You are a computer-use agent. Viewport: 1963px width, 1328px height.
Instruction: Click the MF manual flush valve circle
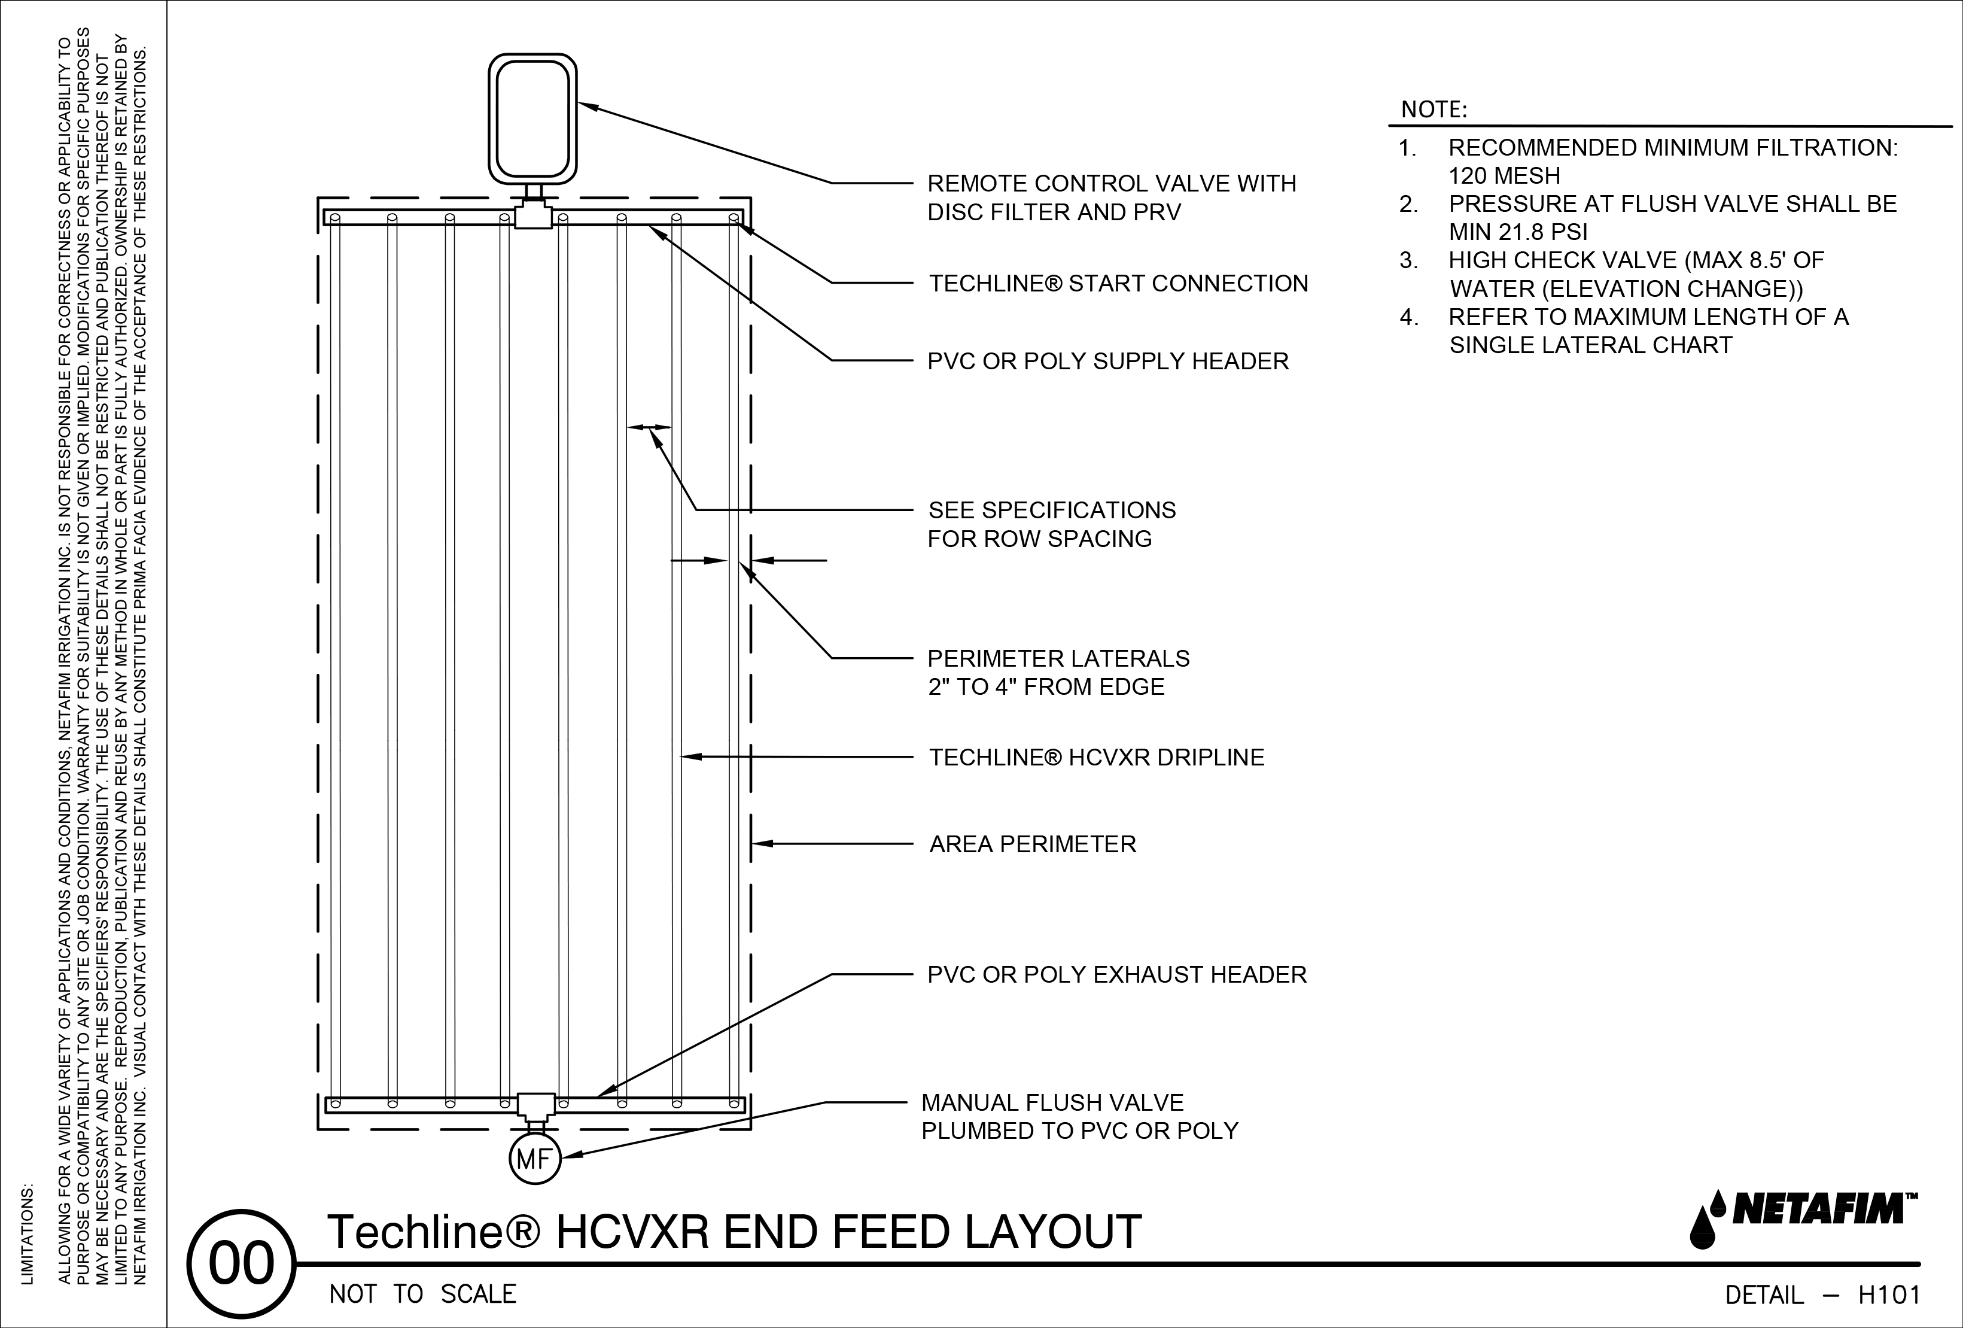coord(535,1160)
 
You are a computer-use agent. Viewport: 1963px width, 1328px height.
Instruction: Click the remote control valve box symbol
coord(533,119)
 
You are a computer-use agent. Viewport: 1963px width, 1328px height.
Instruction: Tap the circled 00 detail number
coord(242,1265)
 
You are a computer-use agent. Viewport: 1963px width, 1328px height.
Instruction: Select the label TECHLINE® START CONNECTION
coord(1118,284)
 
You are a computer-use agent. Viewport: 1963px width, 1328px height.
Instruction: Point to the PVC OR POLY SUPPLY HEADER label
coord(1107,361)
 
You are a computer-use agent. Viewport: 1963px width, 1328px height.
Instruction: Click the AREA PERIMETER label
coord(1032,844)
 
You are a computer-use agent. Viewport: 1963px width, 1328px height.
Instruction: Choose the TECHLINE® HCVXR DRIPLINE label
coord(1097,758)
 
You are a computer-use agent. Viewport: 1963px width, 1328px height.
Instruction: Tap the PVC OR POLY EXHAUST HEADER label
coord(1116,975)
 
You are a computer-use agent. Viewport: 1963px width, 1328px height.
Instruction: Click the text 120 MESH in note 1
coord(1504,177)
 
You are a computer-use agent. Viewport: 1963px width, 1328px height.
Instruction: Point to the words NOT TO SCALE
coord(422,1295)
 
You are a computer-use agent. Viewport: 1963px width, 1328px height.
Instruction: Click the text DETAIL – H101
coord(1822,1295)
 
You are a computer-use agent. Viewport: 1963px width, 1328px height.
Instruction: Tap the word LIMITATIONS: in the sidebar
coord(28,1234)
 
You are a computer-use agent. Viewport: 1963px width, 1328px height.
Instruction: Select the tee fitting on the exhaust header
coord(535,1104)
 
